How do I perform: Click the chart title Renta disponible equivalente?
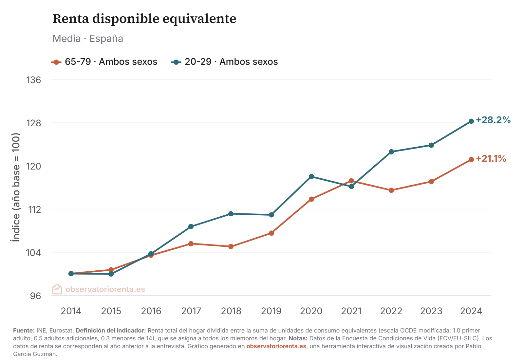coord(144,19)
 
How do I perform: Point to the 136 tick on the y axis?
coord(34,80)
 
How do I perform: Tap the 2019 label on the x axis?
coord(271,311)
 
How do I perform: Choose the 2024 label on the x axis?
coord(471,311)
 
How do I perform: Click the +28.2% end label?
coord(493,120)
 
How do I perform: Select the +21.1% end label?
coord(491,159)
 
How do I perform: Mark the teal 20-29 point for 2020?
coord(311,177)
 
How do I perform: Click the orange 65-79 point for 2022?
coord(391,190)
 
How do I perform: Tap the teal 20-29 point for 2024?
coord(471,121)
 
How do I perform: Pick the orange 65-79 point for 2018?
coord(231,246)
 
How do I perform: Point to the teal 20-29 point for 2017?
coord(191,226)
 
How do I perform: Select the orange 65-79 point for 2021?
coord(351,181)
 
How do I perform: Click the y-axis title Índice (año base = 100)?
coord(16,187)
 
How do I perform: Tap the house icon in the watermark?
coord(57,289)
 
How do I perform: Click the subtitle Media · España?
coord(88,39)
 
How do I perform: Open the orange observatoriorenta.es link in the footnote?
coord(276,346)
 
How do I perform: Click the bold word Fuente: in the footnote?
coord(24,331)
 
